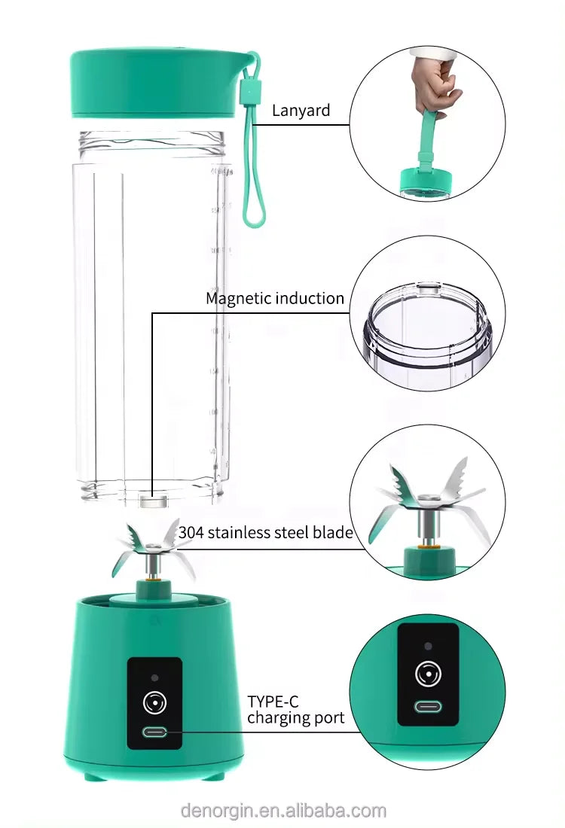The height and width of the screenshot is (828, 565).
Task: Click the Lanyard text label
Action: (x=301, y=111)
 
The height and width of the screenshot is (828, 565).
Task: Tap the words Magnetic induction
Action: (x=275, y=298)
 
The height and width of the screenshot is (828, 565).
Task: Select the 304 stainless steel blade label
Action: (x=265, y=533)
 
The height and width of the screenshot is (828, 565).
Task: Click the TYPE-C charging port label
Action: (x=295, y=710)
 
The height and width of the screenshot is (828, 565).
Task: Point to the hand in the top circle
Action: (x=438, y=83)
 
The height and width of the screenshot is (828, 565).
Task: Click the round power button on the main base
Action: (x=154, y=703)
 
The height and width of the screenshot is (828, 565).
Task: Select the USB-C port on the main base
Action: (x=154, y=732)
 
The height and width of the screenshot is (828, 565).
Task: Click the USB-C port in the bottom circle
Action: (x=427, y=708)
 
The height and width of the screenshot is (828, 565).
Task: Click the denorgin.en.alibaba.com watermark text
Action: (x=283, y=811)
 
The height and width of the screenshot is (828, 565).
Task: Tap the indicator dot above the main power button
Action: (x=154, y=677)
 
